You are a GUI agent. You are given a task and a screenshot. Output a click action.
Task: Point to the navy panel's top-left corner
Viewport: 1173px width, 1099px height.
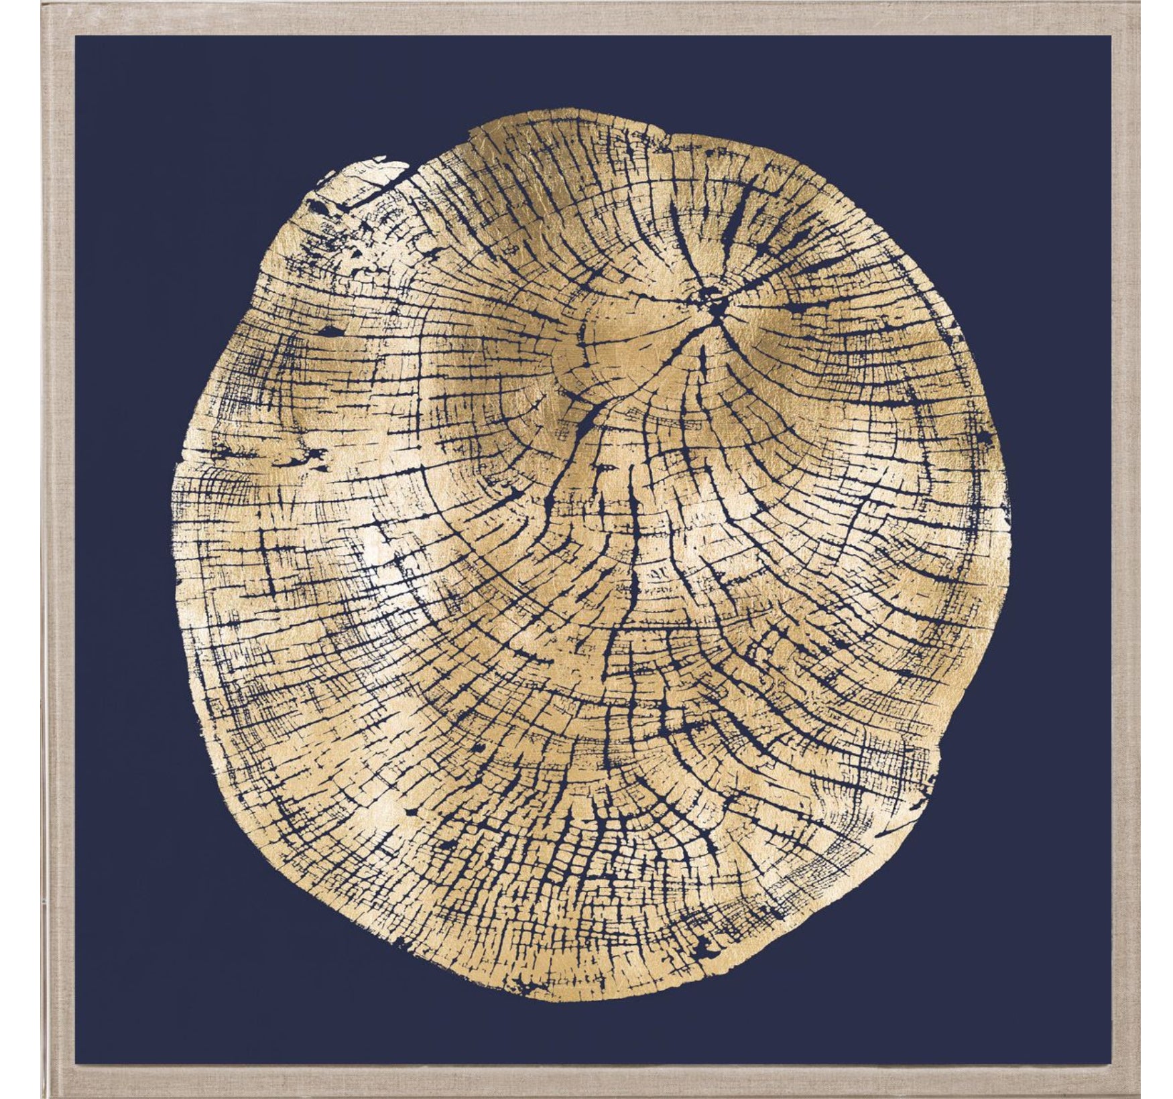point(75,36)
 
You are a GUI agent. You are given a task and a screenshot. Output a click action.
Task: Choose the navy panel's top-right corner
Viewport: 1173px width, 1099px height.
point(1111,36)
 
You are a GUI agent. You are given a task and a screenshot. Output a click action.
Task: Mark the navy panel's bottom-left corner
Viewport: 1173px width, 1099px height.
point(75,1061)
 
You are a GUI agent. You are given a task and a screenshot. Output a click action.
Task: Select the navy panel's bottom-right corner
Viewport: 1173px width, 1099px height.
point(1111,1061)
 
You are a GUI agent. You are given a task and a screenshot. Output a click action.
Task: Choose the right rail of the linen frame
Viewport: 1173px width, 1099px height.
point(1125,549)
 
